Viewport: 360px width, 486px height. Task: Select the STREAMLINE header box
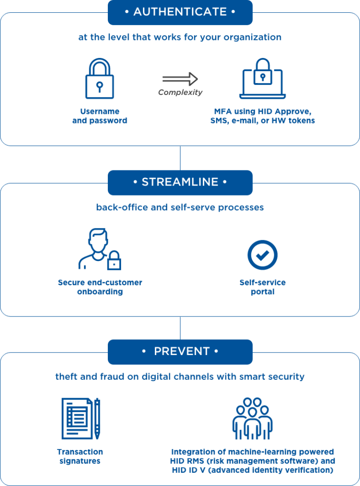(x=180, y=182)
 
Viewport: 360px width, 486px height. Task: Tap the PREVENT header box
(x=180, y=352)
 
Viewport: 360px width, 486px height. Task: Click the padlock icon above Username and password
(x=99, y=79)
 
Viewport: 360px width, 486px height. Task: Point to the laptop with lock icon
(x=263, y=79)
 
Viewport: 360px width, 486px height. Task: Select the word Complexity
(x=180, y=93)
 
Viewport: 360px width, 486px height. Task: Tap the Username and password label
(x=99, y=116)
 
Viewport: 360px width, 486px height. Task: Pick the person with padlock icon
(x=99, y=250)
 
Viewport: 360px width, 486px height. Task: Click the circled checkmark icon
(x=262, y=255)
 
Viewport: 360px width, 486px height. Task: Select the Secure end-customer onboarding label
(x=100, y=287)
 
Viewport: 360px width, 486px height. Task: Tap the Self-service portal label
(x=263, y=287)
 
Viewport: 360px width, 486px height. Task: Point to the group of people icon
(x=253, y=418)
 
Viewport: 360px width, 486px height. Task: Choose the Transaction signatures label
(x=80, y=456)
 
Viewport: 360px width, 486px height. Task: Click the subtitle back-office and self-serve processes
(x=180, y=207)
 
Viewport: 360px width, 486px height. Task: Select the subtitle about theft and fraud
(x=180, y=377)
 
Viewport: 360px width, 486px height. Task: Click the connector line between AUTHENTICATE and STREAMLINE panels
(x=180, y=158)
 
